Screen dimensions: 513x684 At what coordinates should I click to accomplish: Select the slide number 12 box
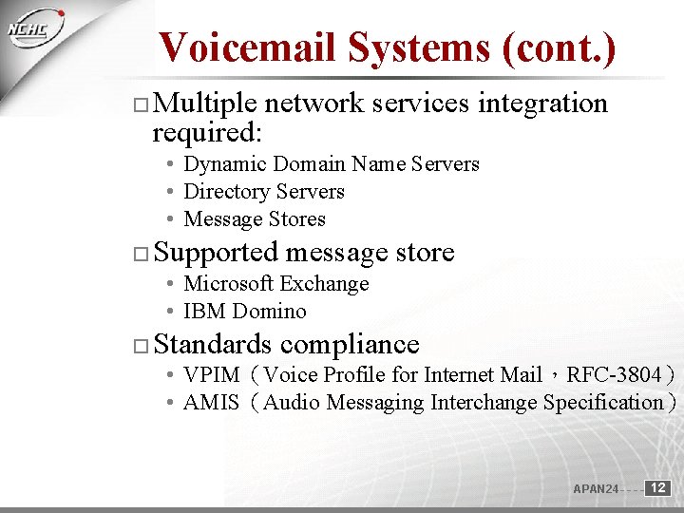[658, 487]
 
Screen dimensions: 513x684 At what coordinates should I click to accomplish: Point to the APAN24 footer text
[596, 489]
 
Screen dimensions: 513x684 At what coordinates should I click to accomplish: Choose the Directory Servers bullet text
[263, 192]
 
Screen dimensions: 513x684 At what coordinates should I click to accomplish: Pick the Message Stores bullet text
[254, 219]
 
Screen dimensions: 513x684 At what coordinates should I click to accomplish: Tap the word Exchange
[324, 284]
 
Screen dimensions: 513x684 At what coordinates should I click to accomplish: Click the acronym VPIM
[211, 375]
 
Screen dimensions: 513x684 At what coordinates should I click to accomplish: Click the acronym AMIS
[211, 403]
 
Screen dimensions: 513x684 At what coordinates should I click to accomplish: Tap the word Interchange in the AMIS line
[484, 403]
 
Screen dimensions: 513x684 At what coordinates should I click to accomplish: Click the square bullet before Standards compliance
[141, 346]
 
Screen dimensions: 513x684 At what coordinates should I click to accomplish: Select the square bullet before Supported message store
[141, 255]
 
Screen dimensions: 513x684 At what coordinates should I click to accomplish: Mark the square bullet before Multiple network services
[141, 104]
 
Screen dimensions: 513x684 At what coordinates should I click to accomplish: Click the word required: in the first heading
[208, 131]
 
